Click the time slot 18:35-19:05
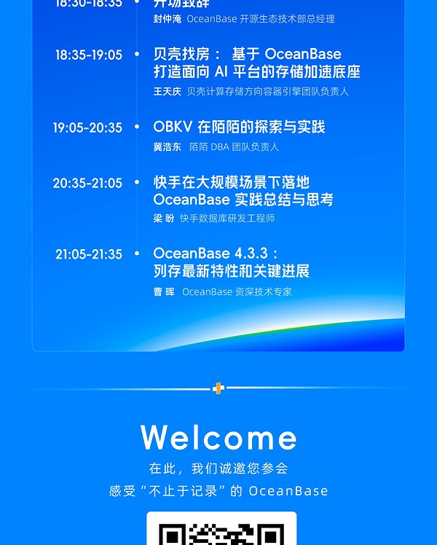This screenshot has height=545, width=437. click(x=88, y=55)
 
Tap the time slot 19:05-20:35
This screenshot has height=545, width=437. click(x=87, y=128)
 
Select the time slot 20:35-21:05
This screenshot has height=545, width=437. click(x=87, y=183)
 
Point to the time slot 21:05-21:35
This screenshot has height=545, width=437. click(x=89, y=254)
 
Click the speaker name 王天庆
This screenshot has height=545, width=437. click(x=167, y=92)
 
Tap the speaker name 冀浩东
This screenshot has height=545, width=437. click(x=168, y=146)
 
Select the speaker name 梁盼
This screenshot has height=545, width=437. click(x=164, y=218)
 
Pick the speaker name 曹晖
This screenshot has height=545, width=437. click(x=164, y=291)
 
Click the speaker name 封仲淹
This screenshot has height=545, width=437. click(x=167, y=19)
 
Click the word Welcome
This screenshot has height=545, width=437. click(x=219, y=438)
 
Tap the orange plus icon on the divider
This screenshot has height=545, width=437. click(x=218, y=388)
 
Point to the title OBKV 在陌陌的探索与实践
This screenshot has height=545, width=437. click(x=239, y=127)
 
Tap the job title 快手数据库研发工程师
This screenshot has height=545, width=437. click(x=227, y=218)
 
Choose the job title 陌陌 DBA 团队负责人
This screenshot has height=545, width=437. click(x=234, y=146)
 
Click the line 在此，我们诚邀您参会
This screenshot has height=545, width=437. click(x=219, y=468)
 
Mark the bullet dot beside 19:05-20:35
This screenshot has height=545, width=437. click(x=137, y=127)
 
